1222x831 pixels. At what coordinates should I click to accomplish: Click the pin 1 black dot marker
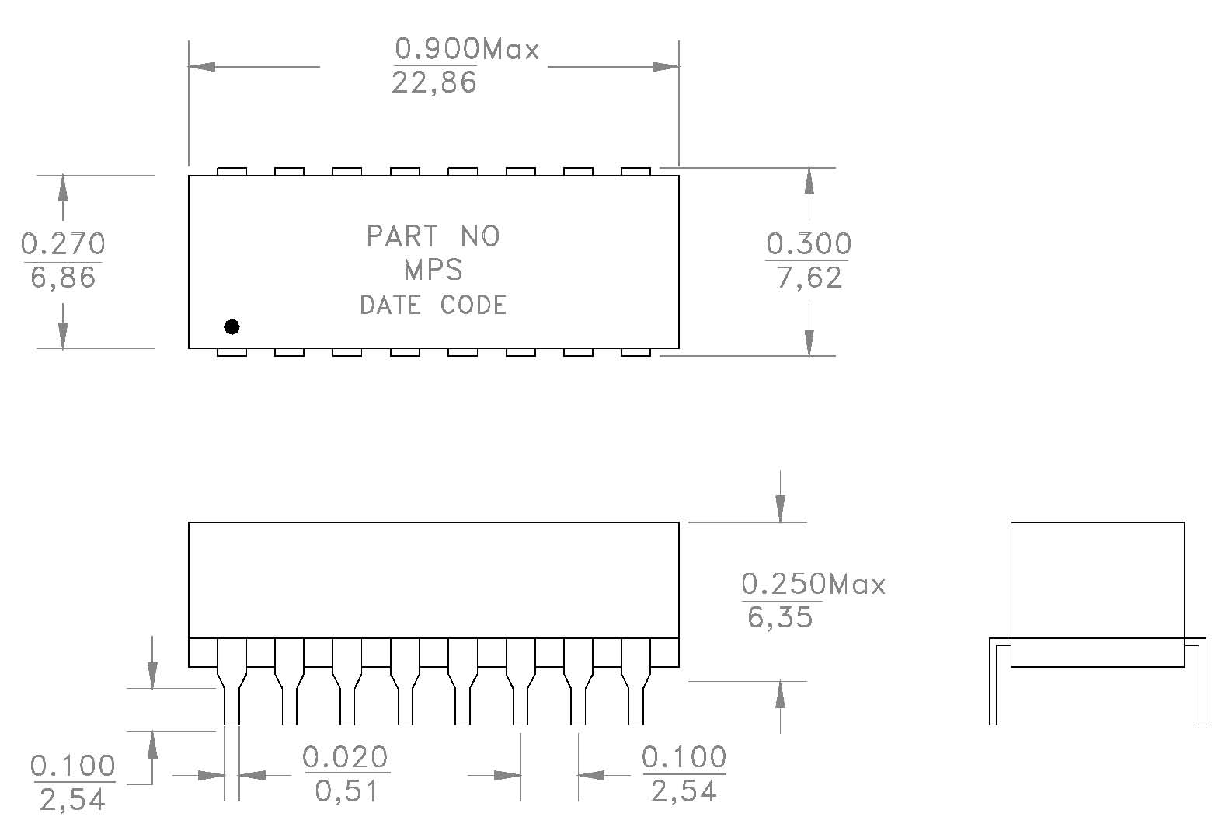232,326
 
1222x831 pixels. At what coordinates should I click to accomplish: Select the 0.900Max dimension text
466,49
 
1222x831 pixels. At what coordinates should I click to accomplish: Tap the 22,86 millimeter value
433,82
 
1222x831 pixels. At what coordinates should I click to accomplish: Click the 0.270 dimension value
62,243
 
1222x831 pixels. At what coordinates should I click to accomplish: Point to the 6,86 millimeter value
63,277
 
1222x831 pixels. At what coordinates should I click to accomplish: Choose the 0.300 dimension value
809,244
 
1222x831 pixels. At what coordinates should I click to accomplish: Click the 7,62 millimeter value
809,278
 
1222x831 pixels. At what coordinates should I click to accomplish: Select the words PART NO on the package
433,236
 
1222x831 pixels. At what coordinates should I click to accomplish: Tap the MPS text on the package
433,270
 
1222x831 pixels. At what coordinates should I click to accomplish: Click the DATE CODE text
433,305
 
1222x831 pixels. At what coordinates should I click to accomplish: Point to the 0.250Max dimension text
813,583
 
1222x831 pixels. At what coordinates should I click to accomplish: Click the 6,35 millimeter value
780,617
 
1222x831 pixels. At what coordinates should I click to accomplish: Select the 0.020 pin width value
346,756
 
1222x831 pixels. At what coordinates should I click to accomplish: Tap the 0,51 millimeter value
346,791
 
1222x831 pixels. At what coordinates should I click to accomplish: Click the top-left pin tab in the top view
232,171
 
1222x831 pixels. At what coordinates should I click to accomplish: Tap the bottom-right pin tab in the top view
635,352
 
